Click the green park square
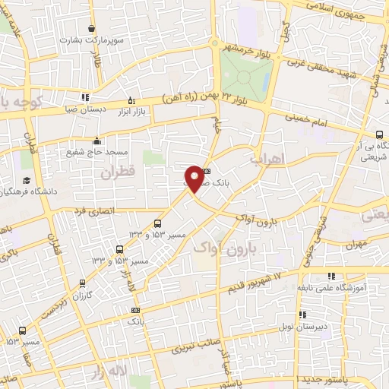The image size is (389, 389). click(x=246, y=75)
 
